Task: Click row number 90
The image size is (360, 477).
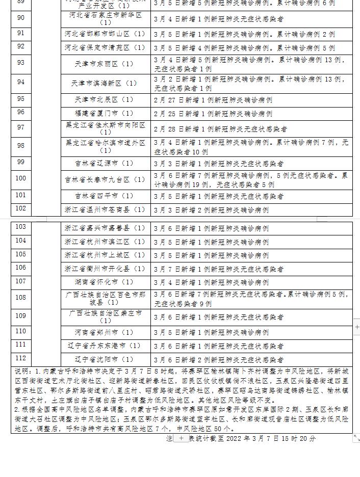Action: pyautogui.click(x=21, y=18)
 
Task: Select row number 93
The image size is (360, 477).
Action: pyautogui.click(x=21, y=62)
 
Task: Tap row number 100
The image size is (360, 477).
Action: pyautogui.click(x=21, y=178)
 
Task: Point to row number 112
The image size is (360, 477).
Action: pyautogui.click(x=21, y=358)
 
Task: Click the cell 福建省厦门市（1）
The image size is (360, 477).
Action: pyautogui.click(x=105, y=113)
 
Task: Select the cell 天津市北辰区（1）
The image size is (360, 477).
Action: pyautogui.click(x=105, y=99)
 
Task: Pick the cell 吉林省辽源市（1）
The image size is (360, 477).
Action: pyautogui.click(x=105, y=163)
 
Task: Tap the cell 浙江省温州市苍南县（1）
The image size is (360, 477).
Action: pyautogui.click(x=105, y=209)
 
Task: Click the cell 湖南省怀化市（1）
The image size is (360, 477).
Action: pyautogui.click(x=105, y=282)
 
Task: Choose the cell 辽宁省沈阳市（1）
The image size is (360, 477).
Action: pyautogui.click(x=105, y=359)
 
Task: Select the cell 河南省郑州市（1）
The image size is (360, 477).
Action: pyautogui.click(x=105, y=332)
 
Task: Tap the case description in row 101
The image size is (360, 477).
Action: pyautogui.click(x=219, y=196)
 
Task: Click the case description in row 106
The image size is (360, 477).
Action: pyautogui.click(x=219, y=269)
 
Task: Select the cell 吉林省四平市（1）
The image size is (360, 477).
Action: pyautogui.click(x=105, y=196)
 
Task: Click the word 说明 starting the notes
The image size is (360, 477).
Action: pyautogui.click(x=22, y=372)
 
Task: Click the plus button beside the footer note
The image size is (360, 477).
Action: pyautogui.click(x=180, y=438)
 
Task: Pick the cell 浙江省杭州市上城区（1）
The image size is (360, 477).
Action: pyautogui.click(x=105, y=255)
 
